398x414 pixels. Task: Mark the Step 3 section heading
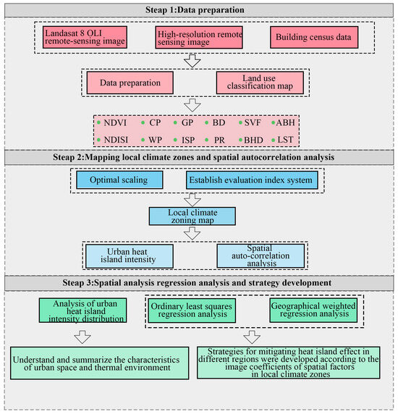198,281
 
